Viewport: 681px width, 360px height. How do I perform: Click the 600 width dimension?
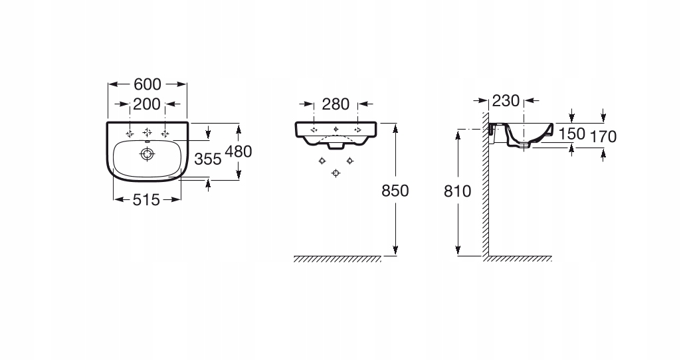click(147, 84)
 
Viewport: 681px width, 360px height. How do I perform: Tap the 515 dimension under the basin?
click(147, 199)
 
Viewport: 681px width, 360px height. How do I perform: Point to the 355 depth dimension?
click(208, 159)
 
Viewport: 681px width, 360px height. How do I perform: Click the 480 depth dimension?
click(239, 151)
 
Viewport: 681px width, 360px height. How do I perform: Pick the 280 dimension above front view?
click(336, 104)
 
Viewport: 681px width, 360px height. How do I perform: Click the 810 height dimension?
click(458, 191)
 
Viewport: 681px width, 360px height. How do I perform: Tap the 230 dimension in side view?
click(505, 101)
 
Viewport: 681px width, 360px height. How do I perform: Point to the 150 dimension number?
click(571, 134)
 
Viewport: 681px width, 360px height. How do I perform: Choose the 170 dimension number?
click(603, 137)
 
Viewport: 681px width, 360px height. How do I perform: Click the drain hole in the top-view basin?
click(147, 154)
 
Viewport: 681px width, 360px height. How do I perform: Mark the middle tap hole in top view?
click(147, 131)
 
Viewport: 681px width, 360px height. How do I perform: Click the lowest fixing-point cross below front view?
click(336, 173)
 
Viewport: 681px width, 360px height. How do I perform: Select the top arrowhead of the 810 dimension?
click(458, 133)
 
